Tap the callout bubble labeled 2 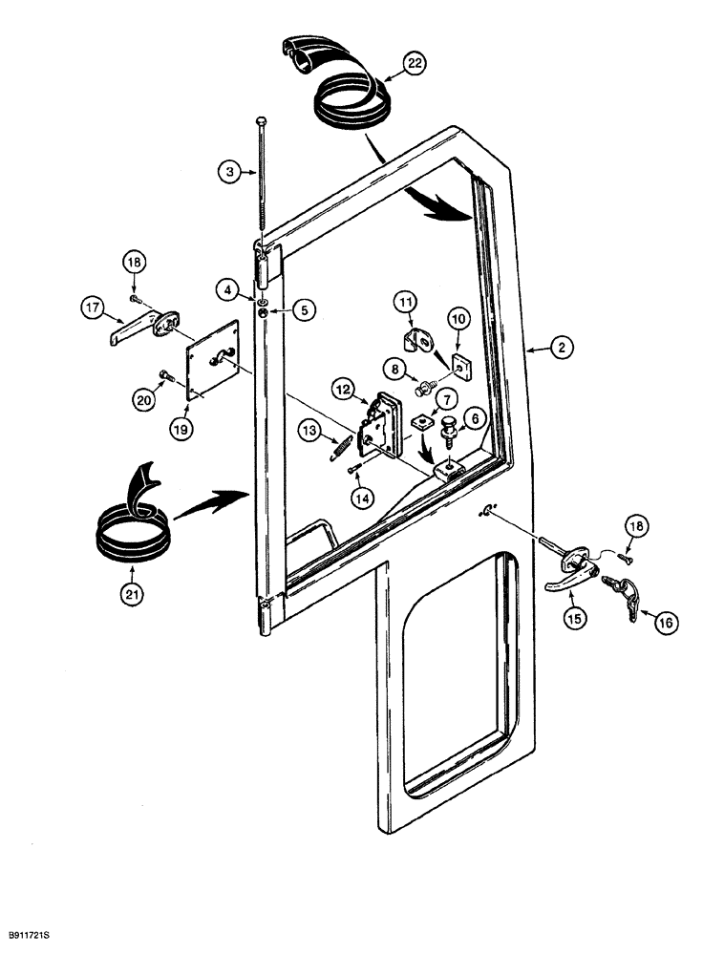point(561,350)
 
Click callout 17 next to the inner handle point(93,308)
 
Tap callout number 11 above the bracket point(407,305)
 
